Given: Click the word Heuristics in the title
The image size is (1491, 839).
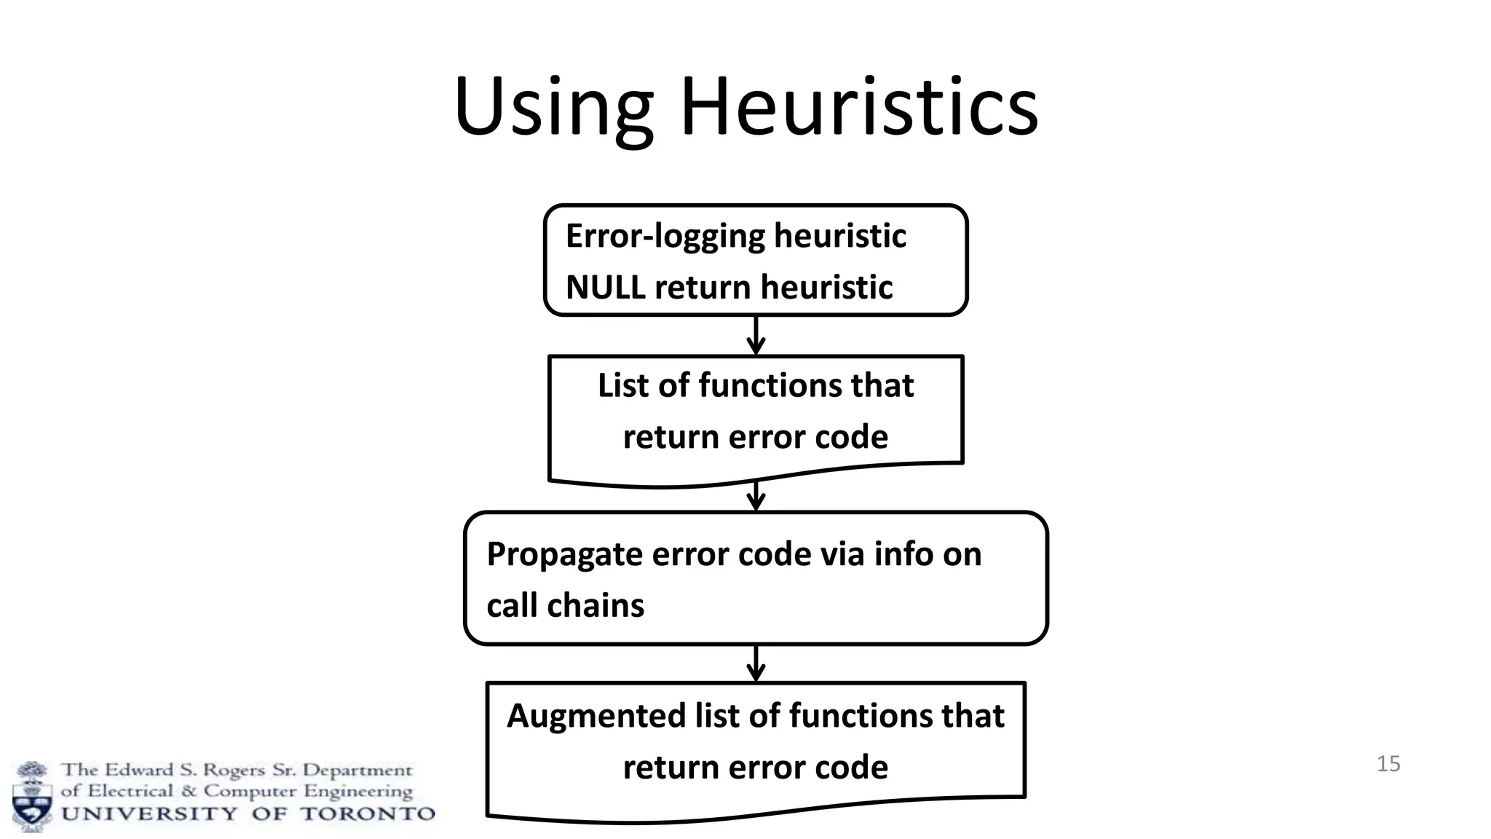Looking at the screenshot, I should pyautogui.click(x=859, y=108).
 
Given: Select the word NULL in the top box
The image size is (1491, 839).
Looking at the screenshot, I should pyautogui.click(x=605, y=287).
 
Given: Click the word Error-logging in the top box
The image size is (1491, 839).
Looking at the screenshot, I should pyautogui.click(x=663, y=236).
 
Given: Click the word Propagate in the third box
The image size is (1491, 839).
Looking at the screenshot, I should pyautogui.click(x=563, y=554).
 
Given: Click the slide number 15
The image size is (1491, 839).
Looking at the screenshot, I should pyautogui.click(x=1388, y=764).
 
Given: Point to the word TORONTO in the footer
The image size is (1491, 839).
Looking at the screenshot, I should pyautogui.click(x=368, y=814).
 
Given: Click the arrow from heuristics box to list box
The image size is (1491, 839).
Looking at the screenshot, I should pyautogui.click(x=756, y=336).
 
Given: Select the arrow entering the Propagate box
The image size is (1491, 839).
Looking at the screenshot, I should pyautogui.click(x=756, y=497).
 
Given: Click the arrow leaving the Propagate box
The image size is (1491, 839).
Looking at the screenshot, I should pyautogui.click(x=756, y=663).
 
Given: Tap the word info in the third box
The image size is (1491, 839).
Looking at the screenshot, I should pyautogui.click(x=904, y=554).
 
